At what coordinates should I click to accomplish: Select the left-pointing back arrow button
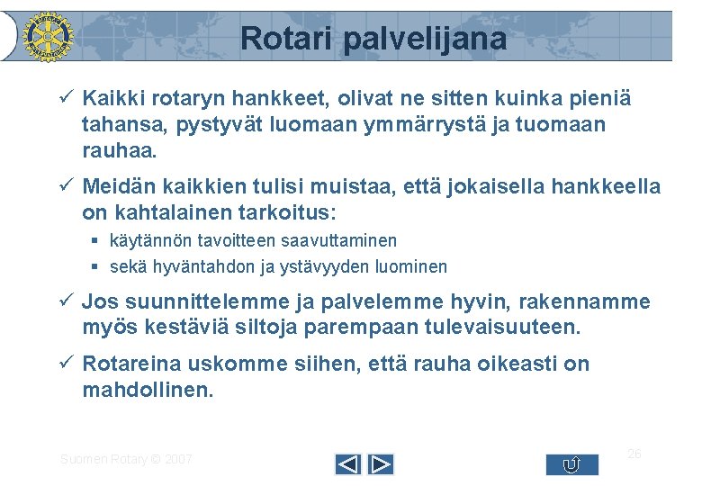[347, 464]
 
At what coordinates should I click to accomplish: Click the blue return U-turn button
[571, 464]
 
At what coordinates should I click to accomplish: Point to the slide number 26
[634, 454]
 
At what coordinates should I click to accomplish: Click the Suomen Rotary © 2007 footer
[126, 459]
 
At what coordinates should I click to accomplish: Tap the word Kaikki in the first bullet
[112, 97]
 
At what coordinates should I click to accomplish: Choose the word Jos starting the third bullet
[99, 301]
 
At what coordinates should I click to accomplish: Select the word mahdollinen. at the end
[148, 391]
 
